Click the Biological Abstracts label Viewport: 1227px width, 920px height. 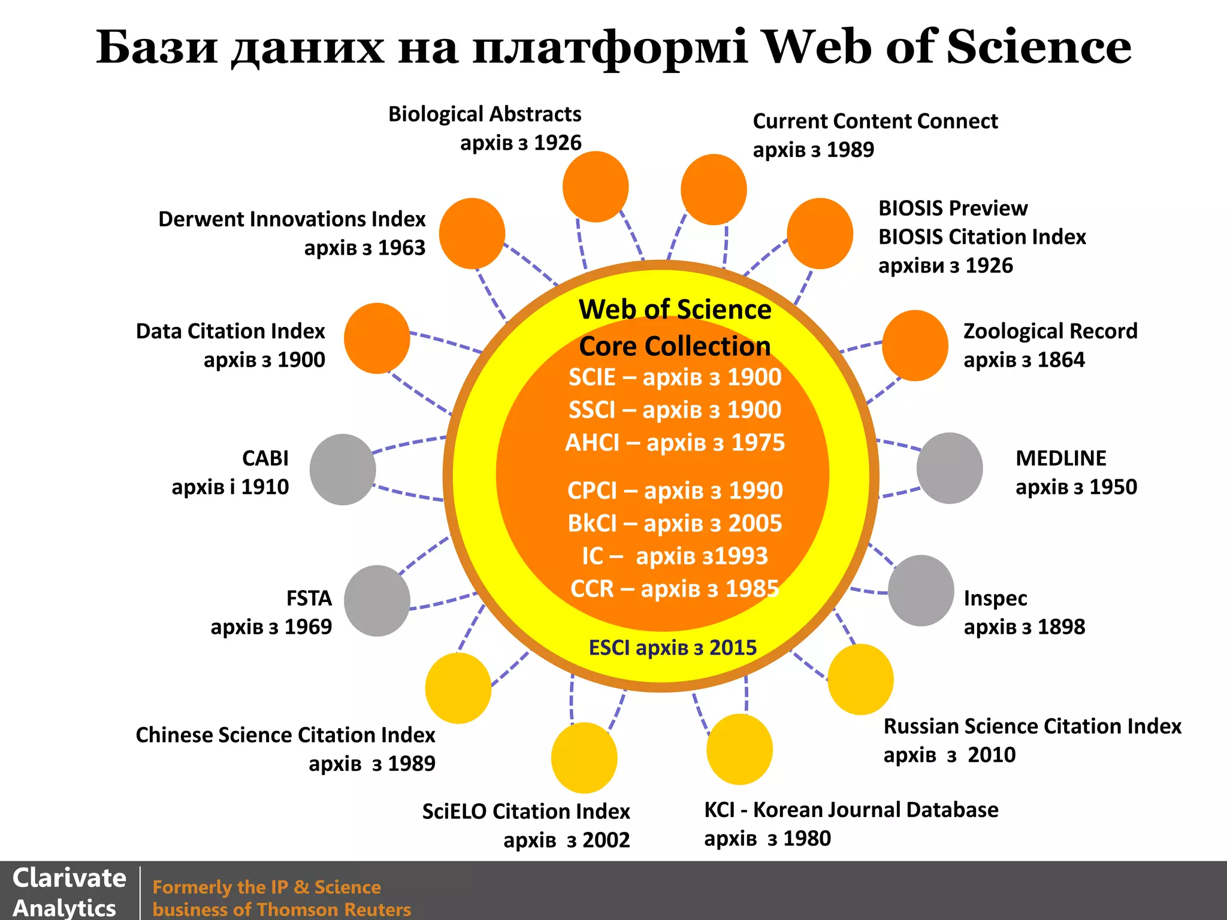pos(485,114)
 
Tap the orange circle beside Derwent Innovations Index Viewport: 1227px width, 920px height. pos(472,234)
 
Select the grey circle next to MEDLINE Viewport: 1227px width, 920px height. pos(950,468)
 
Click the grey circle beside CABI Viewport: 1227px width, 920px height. pos(343,470)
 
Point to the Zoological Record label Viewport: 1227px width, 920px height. pos(1050,331)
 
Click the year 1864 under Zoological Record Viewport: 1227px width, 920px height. pos(1061,360)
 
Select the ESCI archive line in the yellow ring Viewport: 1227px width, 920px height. pos(672,647)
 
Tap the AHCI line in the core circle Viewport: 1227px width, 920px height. pos(675,443)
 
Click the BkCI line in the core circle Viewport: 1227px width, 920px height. pos(675,523)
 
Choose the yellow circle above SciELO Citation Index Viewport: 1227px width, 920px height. pos(584,758)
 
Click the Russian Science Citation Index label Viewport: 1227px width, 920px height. pos(1032,727)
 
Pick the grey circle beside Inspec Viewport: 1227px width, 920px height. pos(921,591)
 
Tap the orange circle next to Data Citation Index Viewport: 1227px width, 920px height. pos(377,338)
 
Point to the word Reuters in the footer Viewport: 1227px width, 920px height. pos(377,909)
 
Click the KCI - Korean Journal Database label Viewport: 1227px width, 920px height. pos(851,810)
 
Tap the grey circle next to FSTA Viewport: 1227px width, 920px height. pos(377,601)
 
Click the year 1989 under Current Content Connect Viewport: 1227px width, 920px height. pos(850,150)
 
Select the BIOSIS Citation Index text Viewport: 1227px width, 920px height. pos(982,237)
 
